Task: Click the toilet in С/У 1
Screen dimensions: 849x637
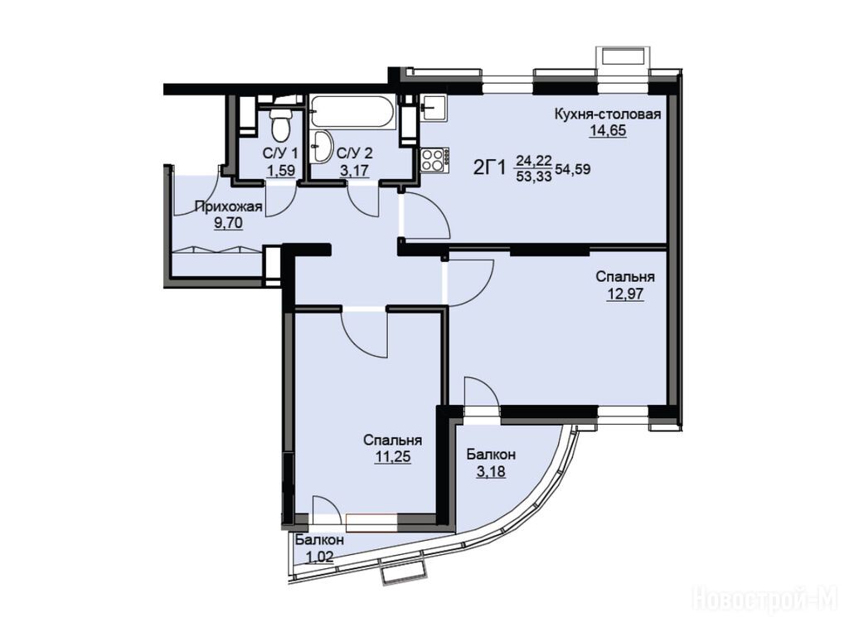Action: click(280, 124)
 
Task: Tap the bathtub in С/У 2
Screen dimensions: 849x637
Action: click(354, 113)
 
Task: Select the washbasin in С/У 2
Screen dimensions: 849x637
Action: click(323, 146)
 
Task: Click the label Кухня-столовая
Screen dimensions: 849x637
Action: click(608, 114)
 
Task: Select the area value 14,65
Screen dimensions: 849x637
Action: click(608, 130)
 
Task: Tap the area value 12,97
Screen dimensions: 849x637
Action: click(625, 294)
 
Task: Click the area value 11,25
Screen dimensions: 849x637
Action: click(393, 457)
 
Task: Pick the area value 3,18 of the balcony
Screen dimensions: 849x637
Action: click(491, 471)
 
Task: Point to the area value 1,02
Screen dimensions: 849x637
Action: click(319, 557)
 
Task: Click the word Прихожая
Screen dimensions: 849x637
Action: click(229, 207)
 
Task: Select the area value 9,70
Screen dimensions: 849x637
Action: click(229, 222)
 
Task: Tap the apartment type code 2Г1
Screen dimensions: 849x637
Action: click(489, 168)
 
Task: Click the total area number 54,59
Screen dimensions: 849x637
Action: click(572, 169)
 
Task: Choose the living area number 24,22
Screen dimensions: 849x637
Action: click(534, 160)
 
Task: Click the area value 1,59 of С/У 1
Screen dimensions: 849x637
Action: click(280, 170)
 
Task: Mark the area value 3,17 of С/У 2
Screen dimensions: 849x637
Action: click(354, 170)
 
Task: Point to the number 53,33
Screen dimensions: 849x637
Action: click(534, 176)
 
